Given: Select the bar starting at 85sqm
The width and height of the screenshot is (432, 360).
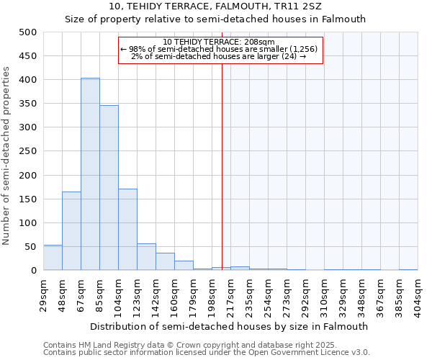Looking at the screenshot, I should click(109, 188).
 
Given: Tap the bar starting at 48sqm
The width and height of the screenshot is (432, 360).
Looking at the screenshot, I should click(71, 231).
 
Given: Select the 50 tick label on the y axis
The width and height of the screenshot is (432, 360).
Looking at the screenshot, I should click(30, 247).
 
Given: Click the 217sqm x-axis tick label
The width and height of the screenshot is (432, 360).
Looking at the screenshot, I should click(230, 296).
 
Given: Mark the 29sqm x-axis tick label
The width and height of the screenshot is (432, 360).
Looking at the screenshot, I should click(43, 296).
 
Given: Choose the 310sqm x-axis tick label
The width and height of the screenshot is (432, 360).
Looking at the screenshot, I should click(324, 296).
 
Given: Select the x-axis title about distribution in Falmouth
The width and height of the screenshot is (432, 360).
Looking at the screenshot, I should click(230, 326).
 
